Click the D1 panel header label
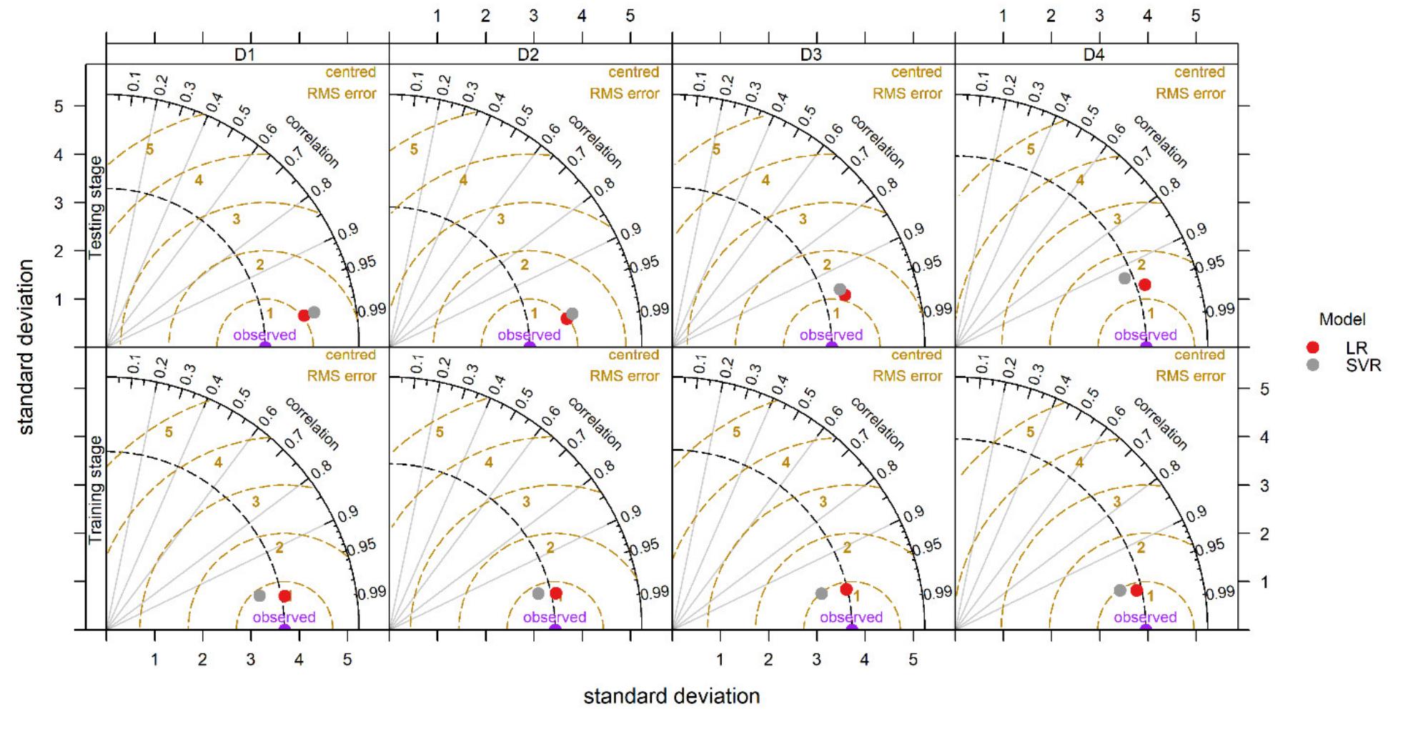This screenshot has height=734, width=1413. coord(245,54)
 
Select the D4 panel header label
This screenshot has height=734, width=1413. coord(1094,54)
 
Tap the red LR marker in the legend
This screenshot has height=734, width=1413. coord(1312,348)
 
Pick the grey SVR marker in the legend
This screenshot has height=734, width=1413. coord(1312,364)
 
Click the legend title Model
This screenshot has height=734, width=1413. coord(1342,319)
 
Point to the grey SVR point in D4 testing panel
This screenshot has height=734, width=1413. coord(1124,278)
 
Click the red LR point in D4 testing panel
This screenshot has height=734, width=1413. coord(1144,284)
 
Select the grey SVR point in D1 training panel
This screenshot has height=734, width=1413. coord(259,595)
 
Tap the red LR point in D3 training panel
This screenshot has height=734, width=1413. coord(846,590)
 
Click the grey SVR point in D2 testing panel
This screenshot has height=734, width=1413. coord(572,313)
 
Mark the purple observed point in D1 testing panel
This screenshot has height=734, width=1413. coord(264,346)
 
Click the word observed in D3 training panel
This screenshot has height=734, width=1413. coord(851,617)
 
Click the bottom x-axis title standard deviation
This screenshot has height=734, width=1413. coord(671,696)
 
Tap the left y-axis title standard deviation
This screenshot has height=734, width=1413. coord(26,347)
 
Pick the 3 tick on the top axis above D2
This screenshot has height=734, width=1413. coord(533,16)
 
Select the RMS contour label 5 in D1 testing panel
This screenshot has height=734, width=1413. coord(149,149)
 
